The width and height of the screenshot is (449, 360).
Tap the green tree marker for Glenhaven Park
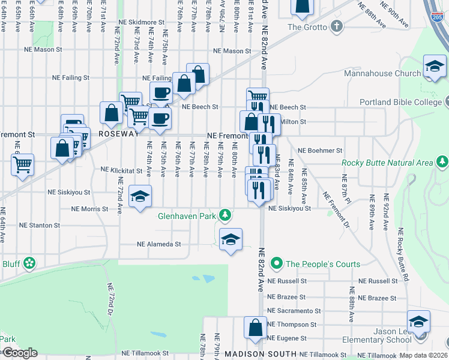point(225,215)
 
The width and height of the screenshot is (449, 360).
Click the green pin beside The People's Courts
point(276,263)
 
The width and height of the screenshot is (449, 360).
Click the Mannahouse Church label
point(382,74)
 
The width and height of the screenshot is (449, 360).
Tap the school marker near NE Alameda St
point(231,239)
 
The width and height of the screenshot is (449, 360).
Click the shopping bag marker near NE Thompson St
point(255,328)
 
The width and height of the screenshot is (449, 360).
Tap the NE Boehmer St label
point(320,151)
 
